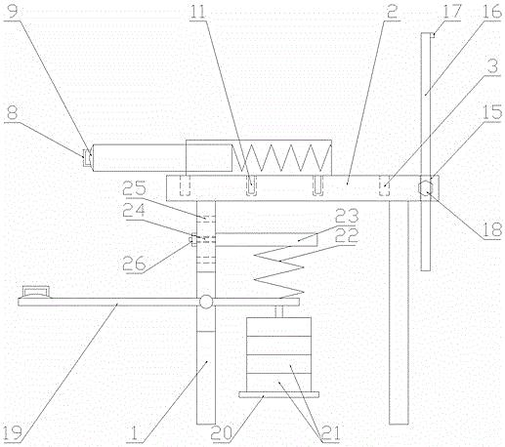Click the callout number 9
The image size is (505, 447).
click(12, 11)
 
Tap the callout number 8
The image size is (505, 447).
click(12, 114)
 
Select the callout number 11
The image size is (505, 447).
click(198, 11)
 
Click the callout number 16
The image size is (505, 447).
click(491, 11)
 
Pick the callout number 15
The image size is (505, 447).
click(492, 112)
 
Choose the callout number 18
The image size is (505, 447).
click(492, 229)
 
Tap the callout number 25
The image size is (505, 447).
click(134, 189)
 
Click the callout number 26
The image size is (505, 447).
click(134, 264)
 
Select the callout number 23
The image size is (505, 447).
click(347, 216)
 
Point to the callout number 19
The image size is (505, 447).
click(12, 432)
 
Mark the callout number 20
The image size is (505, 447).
click(222, 433)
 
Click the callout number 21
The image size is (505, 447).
click(330, 433)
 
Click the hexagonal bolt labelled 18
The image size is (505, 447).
click(425, 187)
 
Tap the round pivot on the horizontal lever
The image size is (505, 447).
click(206, 302)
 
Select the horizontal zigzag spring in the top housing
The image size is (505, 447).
click(281, 157)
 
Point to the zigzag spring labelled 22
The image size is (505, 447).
click(278, 271)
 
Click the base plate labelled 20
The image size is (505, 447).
click(278, 394)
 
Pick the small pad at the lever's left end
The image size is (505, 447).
click(35, 292)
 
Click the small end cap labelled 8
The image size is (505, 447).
click(87, 157)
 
